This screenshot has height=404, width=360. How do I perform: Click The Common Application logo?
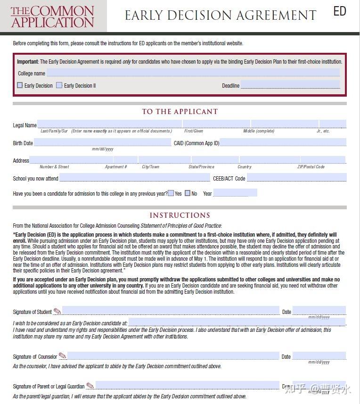pos(53,16)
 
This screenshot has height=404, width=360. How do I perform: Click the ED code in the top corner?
pos(340,11)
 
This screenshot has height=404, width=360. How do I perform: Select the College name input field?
pos(193,73)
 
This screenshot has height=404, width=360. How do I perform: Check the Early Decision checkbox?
pos(20,85)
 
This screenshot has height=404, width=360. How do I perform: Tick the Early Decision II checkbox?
pos(59,85)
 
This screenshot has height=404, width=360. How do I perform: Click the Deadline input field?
pos(290,85)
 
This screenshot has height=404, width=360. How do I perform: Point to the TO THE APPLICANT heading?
pos(180,112)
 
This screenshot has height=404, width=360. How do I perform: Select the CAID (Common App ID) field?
pos(283,142)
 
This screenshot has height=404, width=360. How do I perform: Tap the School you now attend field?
pos(134,178)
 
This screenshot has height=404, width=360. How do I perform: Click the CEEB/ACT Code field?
pos(296,178)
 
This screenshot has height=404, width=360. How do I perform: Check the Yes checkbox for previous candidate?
pos(171,193)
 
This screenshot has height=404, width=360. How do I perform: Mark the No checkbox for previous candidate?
pos(188,193)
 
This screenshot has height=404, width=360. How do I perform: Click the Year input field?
pos(235,193)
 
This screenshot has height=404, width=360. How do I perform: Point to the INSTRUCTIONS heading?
pos(180,215)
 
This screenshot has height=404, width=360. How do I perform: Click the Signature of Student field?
pos(171,311)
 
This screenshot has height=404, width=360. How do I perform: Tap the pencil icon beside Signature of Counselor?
pos(62,355)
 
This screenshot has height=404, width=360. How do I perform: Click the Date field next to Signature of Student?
pos(319,311)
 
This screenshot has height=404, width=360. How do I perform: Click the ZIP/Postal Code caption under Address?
pos(311,167)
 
